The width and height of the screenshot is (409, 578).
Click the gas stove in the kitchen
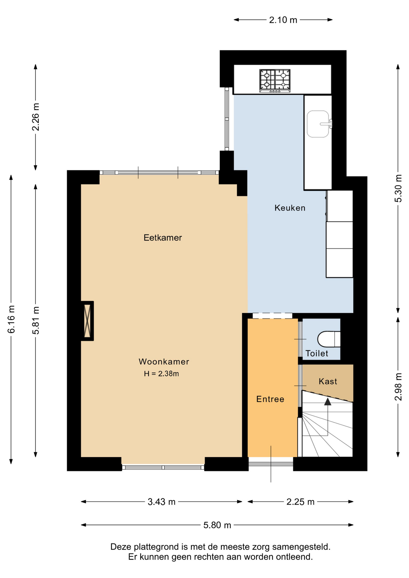[x=275, y=80]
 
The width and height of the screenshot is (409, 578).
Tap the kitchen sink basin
[x=318, y=124]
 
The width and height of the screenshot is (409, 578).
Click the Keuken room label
[x=290, y=208]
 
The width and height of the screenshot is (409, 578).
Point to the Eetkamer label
[x=163, y=238]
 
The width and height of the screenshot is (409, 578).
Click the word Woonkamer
[x=164, y=362]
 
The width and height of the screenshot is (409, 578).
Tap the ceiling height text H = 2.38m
[x=161, y=374]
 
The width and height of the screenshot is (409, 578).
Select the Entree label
[x=270, y=399]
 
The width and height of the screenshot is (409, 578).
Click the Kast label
[x=328, y=381]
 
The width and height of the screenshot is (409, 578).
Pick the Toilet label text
[x=317, y=353]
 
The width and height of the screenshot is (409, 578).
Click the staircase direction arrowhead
[x=328, y=401]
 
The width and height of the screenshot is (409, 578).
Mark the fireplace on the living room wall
[x=87, y=321]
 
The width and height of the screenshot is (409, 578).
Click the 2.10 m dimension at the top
[x=283, y=20]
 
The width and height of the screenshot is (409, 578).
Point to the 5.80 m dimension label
[x=217, y=525]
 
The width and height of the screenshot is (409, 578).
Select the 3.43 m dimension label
[x=161, y=502]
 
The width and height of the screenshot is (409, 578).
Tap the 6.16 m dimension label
[x=11, y=319]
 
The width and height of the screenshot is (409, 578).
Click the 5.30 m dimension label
[x=398, y=189]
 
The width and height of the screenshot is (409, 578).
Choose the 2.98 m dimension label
[x=398, y=387]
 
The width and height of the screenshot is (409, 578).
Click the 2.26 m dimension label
[x=36, y=117]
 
